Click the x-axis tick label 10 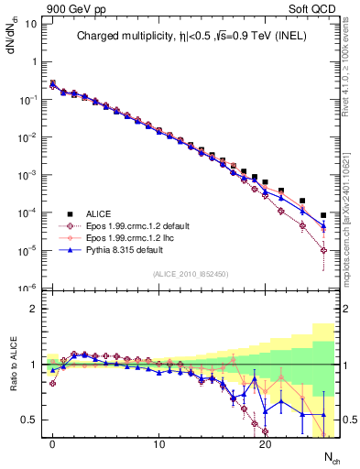point(159,443)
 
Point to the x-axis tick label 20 point(266,443)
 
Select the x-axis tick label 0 point(53,443)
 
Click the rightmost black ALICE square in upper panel point(323,215)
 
